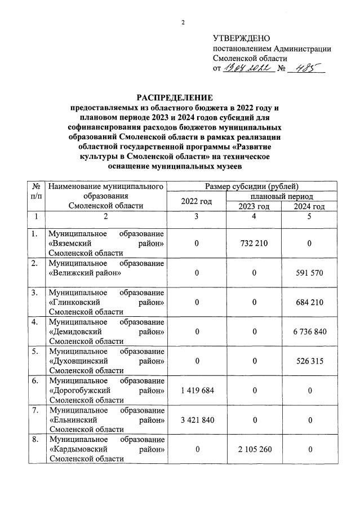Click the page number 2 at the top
pos(183,23)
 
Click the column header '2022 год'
pos(197,201)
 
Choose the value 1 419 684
pos(197,390)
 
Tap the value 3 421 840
pos(197,420)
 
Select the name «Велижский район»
pos(84,273)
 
